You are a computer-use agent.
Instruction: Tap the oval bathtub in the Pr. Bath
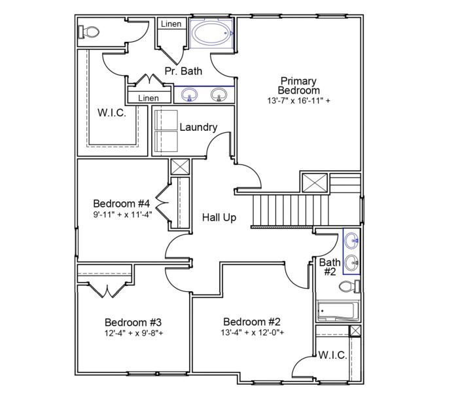tap(211, 34)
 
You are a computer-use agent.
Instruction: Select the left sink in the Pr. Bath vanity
tap(190, 96)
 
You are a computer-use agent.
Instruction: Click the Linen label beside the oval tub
tap(171, 24)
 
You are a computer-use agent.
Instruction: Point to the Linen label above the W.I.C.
tap(149, 98)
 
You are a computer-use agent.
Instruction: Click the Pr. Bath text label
tap(183, 71)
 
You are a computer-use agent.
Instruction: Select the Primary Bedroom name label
tap(298, 85)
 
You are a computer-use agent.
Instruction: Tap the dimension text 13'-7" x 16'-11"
tap(298, 101)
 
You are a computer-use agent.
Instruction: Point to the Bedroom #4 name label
tap(122, 203)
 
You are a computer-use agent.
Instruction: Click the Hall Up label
tap(219, 218)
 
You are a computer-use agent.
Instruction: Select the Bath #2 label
tap(328, 267)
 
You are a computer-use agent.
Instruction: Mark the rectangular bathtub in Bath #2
tap(335, 312)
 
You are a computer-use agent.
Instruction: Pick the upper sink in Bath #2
tap(352, 241)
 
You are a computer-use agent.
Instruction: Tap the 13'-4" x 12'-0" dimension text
tap(252, 332)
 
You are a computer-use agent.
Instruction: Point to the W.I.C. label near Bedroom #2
tap(333, 355)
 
